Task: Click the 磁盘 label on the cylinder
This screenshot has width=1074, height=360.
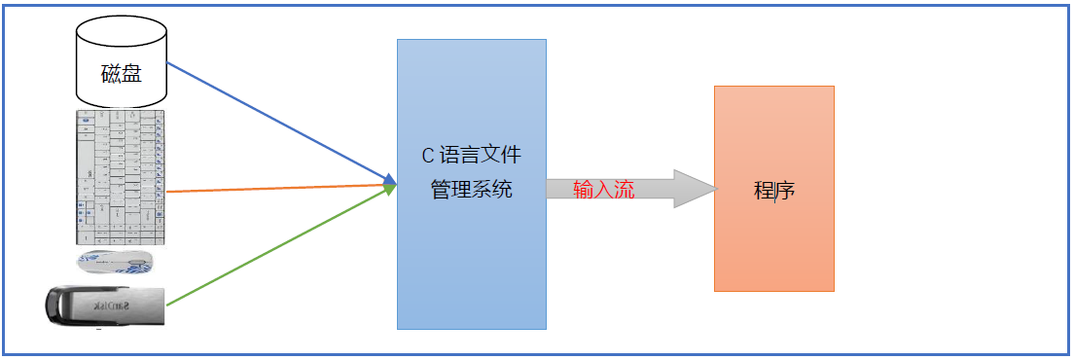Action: coord(122,73)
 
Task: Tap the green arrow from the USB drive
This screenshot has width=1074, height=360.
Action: coord(282,247)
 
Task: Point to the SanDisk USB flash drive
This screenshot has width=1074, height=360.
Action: coord(106,306)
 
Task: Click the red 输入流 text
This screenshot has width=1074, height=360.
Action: coord(604,190)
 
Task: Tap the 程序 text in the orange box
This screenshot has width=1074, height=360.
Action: coord(774,190)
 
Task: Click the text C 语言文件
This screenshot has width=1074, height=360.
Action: coord(471,155)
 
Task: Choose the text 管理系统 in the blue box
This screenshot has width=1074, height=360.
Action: coord(471,190)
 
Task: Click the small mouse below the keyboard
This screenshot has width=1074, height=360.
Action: coord(114,261)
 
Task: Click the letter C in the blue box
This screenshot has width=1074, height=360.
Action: coord(426,155)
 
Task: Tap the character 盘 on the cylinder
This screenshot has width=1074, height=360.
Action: coord(132,73)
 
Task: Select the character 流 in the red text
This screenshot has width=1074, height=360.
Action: coord(625,190)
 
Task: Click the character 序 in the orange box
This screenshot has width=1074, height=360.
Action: coord(785,190)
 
